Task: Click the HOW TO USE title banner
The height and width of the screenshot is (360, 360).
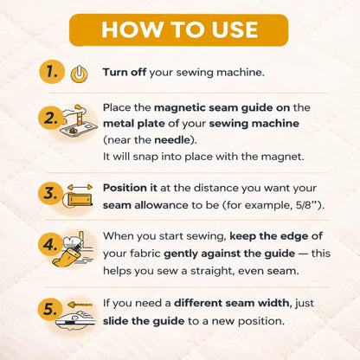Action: click(x=179, y=29)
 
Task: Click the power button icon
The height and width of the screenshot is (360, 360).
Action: click(x=79, y=74)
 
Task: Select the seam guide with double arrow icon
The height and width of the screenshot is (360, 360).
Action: click(x=79, y=195)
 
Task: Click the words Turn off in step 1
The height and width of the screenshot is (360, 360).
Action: click(x=125, y=72)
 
